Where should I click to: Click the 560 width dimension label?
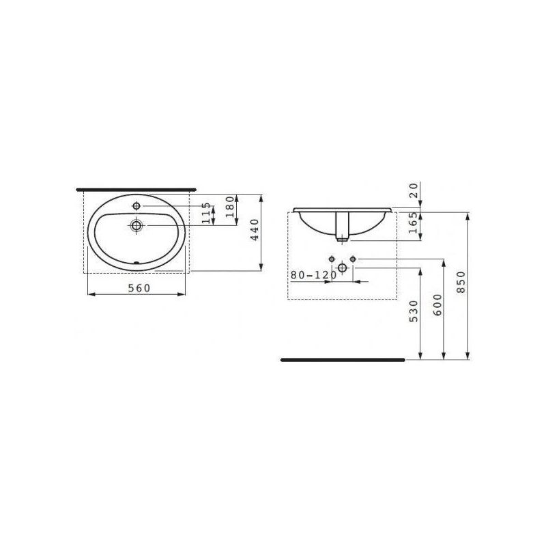click(x=139, y=288)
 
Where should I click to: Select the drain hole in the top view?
click(x=136, y=225)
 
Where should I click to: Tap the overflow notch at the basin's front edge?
click(x=136, y=262)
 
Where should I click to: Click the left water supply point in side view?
click(x=332, y=259)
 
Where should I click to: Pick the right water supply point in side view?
click(x=354, y=259)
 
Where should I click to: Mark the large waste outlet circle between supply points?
click(x=343, y=268)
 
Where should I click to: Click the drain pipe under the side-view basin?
click(x=343, y=227)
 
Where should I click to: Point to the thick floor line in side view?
click(x=341, y=358)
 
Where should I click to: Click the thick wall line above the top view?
click(x=136, y=186)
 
